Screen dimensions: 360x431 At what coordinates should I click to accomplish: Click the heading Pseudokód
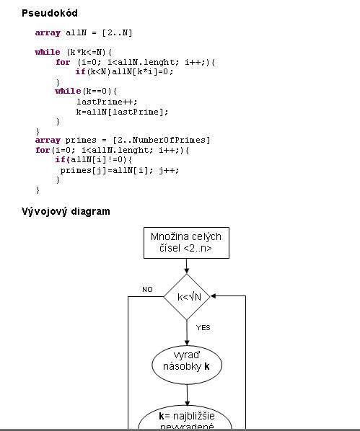50,13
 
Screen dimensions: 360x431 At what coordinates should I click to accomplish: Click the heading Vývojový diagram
66,212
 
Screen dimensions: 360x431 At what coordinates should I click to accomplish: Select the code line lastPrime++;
107,102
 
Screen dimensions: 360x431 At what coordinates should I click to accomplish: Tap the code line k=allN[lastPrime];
122,112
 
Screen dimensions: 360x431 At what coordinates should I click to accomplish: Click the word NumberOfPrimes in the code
169,141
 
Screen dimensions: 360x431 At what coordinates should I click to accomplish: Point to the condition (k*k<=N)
86,52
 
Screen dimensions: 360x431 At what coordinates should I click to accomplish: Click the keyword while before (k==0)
68,91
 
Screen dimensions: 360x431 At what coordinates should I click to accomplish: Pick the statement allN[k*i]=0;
143,72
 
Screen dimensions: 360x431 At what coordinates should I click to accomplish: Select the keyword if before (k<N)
80,72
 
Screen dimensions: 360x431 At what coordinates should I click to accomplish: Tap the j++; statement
169,170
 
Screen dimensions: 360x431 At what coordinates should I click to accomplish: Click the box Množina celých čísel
186,243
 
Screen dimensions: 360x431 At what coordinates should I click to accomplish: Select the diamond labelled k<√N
187,297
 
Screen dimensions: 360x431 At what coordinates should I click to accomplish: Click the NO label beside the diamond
147,290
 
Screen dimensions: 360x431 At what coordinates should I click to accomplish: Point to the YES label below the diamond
203,328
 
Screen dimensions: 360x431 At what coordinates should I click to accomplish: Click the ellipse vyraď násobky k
187,365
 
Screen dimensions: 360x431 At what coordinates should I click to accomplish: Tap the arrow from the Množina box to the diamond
187,266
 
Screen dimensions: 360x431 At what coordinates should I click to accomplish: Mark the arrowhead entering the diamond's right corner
213,296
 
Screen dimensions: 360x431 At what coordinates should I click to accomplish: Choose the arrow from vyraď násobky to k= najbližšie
187,395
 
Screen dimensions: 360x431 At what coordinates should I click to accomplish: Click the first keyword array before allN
48,33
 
